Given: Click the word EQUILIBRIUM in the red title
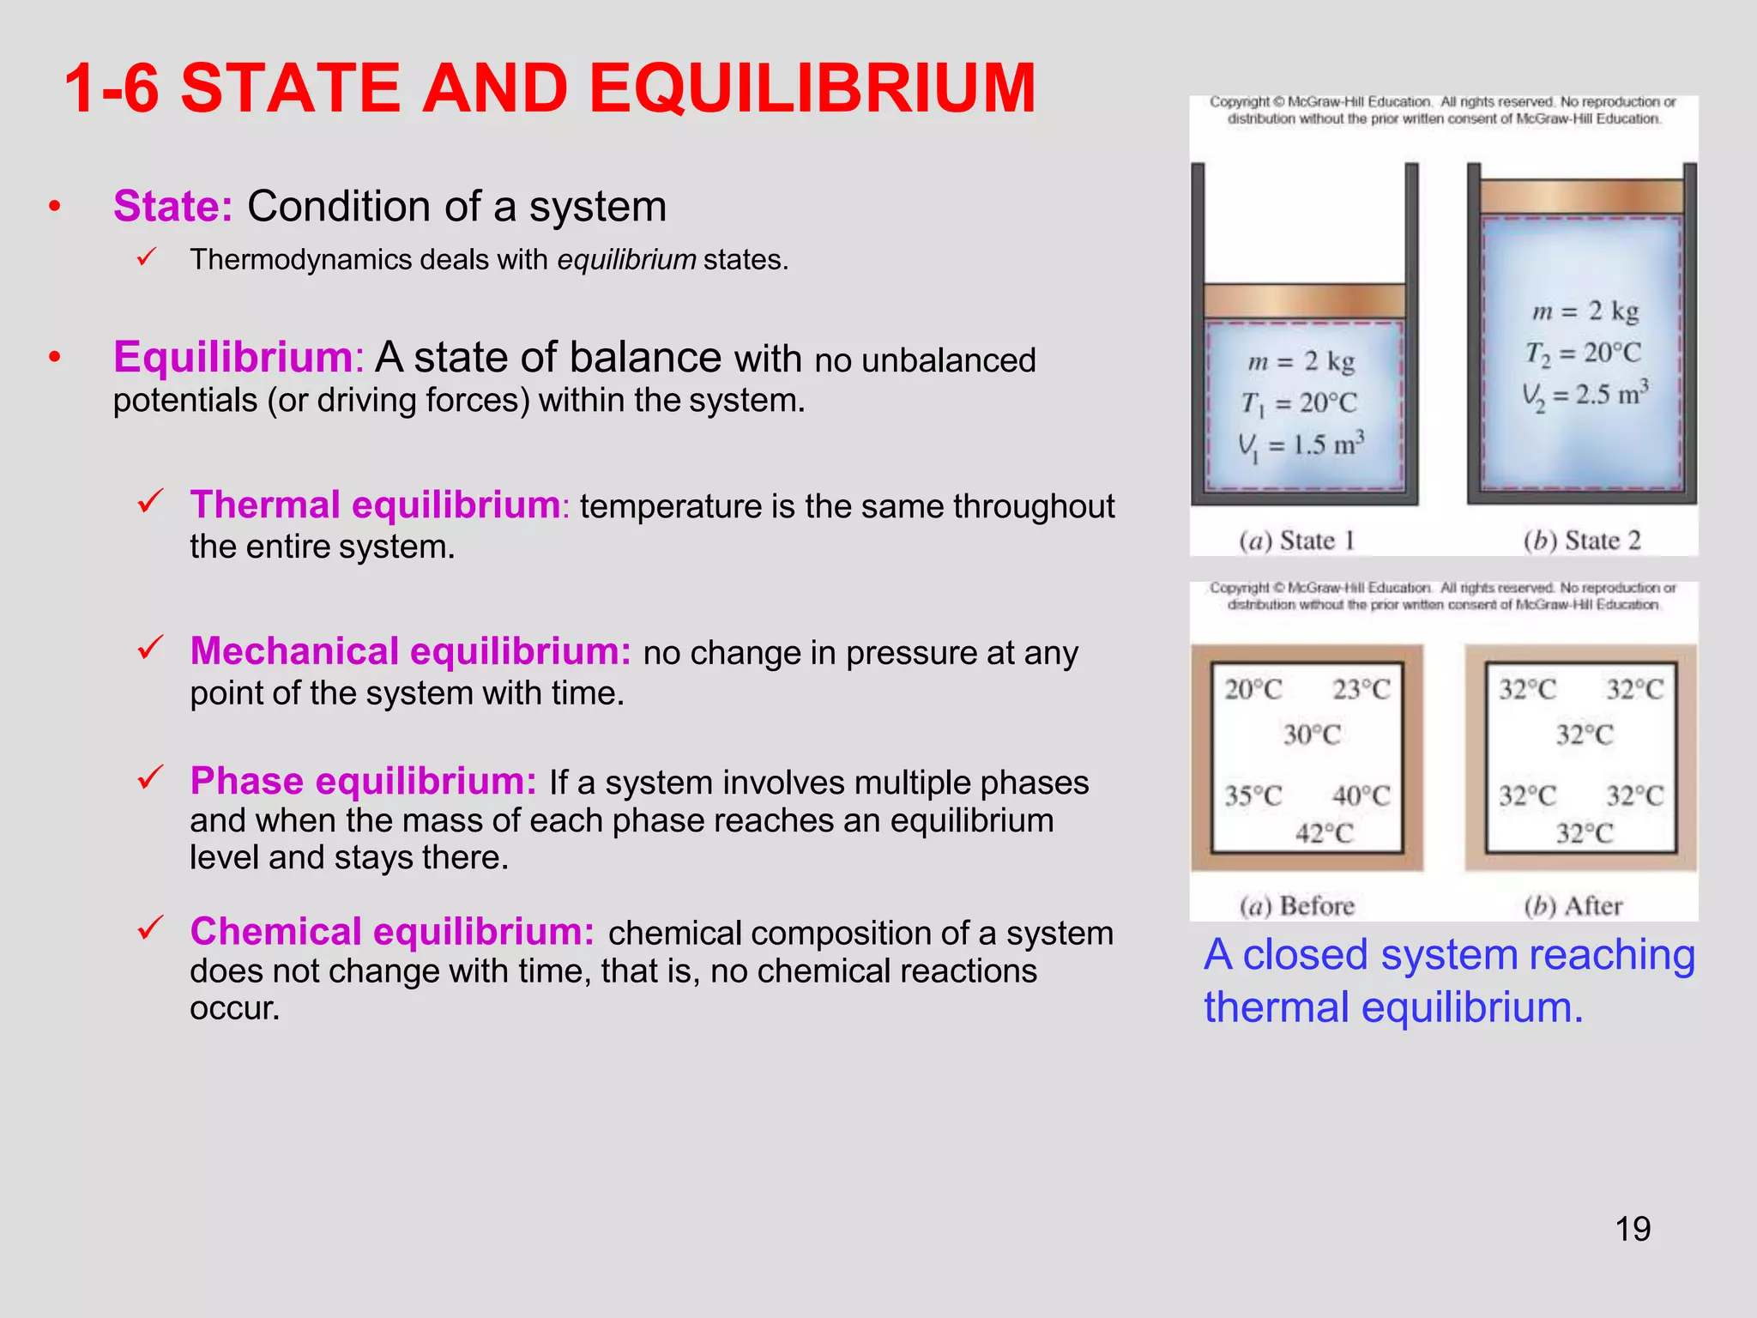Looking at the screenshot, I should [812, 88].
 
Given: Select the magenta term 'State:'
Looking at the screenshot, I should [172, 207].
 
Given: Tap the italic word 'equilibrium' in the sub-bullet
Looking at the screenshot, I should [626, 259].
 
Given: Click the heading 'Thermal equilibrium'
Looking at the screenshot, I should [375, 505].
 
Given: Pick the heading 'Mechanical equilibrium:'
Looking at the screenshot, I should [410, 651].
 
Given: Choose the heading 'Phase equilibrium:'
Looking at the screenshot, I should [363, 781].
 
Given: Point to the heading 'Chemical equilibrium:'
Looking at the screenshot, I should [392, 931].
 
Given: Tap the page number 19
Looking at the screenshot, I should [1633, 1229].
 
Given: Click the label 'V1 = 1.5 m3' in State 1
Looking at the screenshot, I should [1301, 445].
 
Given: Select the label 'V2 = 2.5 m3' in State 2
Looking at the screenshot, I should [1585, 395].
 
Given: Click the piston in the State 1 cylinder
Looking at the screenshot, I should [1304, 301].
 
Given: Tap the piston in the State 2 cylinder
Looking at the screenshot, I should [1581, 196].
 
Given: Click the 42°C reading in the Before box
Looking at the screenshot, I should [1324, 833].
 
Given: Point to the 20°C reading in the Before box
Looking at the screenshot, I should [1253, 690].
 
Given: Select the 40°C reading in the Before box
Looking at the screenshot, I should [1361, 796].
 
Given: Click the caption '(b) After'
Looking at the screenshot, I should [1573, 906].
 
